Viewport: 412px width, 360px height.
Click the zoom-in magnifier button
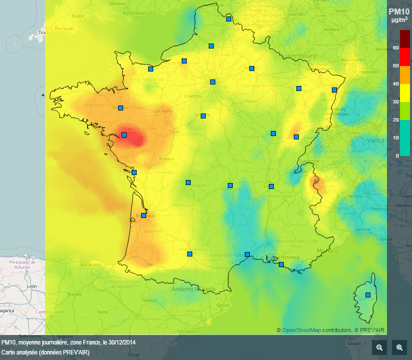[399, 347]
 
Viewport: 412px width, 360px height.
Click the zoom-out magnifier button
[379, 347]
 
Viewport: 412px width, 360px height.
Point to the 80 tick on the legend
[396, 48]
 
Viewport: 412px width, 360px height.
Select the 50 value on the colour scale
[396, 66]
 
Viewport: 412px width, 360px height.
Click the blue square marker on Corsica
[368, 295]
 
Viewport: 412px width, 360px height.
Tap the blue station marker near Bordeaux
[144, 215]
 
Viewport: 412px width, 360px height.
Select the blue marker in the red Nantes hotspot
[124, 135]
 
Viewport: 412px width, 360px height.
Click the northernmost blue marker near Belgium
[229, 19]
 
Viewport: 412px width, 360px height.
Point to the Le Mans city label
[164, 111]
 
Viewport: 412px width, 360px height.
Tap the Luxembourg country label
[298, 55]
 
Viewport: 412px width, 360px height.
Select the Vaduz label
[375, 140]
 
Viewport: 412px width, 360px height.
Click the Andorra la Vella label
[193, 289]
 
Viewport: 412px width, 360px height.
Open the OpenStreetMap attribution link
[301, 330]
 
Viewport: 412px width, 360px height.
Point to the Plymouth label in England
[64, 29]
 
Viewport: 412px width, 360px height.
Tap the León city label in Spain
[32, 286]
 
